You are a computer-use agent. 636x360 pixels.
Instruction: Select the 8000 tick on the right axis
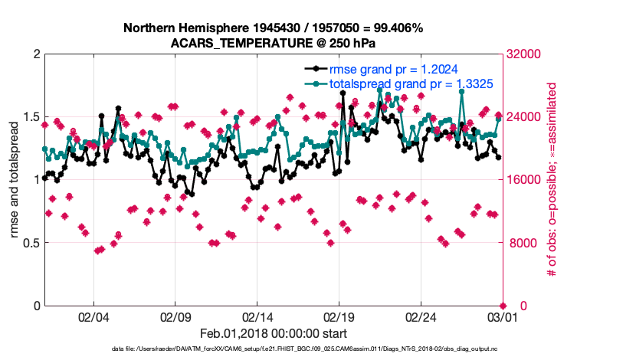(521, 243)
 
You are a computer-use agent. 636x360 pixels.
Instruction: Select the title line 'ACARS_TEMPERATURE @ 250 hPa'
(273, 43)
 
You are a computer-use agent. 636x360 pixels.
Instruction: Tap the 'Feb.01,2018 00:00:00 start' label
(273, 333)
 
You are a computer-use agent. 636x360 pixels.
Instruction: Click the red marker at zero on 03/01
(503, 306)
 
